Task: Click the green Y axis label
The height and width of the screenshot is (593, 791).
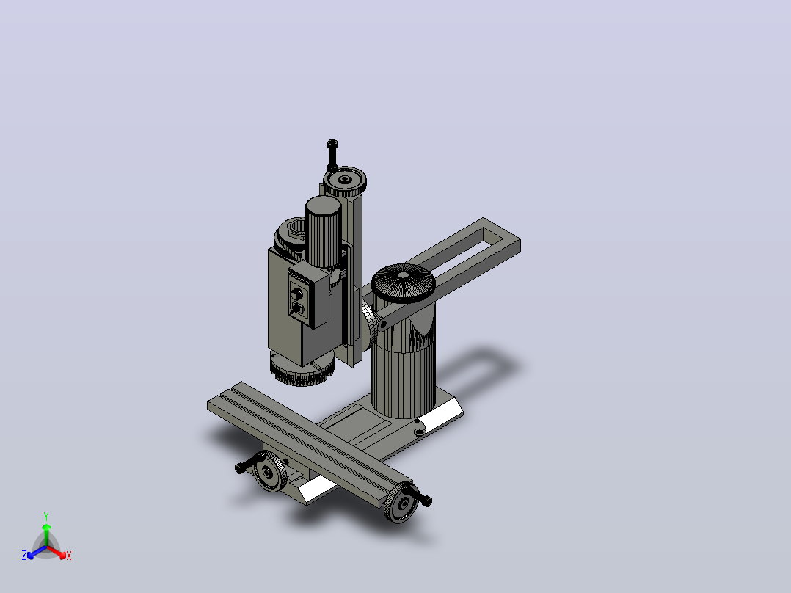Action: (x=46, y=516)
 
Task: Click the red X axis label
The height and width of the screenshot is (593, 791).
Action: (x=69, y=556)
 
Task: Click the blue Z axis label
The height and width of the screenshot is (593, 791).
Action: (x=24, y=555)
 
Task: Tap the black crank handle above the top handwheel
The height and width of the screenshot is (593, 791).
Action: (x=332, y=155)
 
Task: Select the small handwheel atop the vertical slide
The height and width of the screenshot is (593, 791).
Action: (x=345, y=181)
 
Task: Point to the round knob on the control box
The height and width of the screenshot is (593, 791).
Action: (x=297, y=294)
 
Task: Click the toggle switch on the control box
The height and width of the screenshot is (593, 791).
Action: (x=297, y=308)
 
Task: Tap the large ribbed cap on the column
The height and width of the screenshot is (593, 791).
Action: (x=403, y=283)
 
